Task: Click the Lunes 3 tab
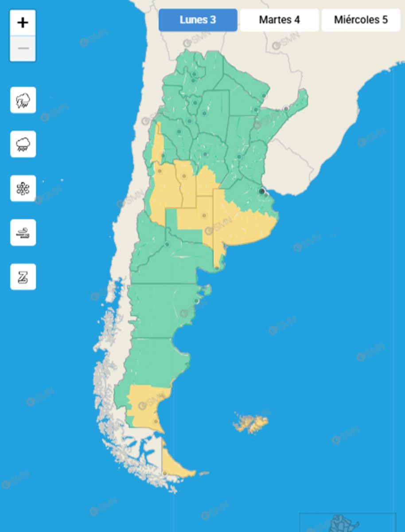pyautogui.click(x=198, y=20)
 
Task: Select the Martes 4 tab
pyautogui.click(x=279, y=20)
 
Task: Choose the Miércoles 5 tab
pyautogui.click(x=361, y=20)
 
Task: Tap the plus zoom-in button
pyautogui.click(x=23, y=23)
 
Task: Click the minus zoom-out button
pyautogui.click(x=23, y=48)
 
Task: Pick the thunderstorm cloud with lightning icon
pyautogui.click(x=23, y=100)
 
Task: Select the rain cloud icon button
pyautogui.click(x=23, y=144)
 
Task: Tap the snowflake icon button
pyautogui.click(x=23, y=188)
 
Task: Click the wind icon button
pyautogui.click(x=23, y=232)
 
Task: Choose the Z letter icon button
pyautogui.click(x=23, y=277)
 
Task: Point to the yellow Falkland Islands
pyautogui.click(x=250, y=423)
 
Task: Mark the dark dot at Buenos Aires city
pyautogui.click(x=262, y=191)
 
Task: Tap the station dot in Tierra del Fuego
pyautogui.click(x=165, y=473)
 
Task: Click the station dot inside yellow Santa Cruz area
pyautogui.click(x=156, y=421)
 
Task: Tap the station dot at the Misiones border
pyautogui.click(x=286, y=108)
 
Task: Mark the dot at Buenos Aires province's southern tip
pyautogui.click(x=216, y=268)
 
